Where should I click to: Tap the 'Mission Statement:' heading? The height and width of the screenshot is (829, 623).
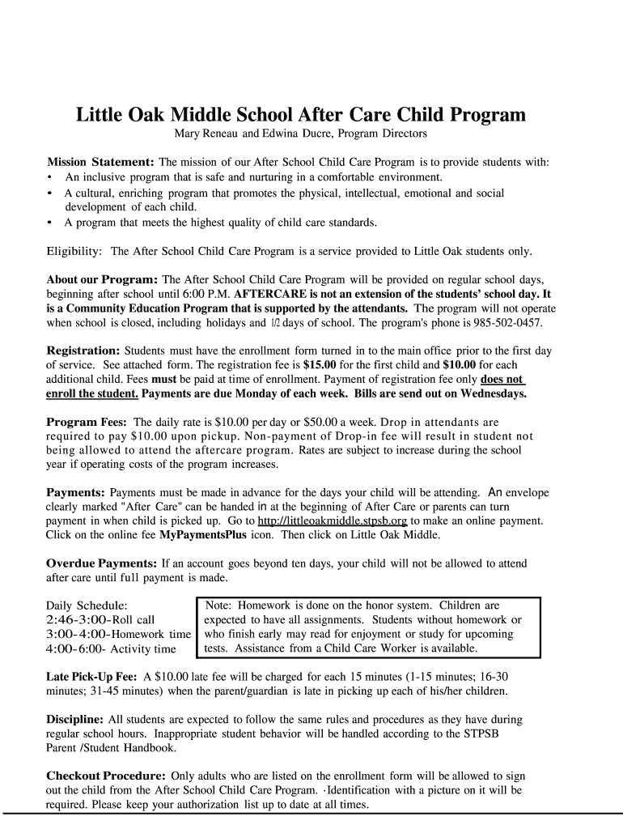(x=100, y=162)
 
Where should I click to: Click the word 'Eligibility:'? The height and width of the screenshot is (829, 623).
(x=74, y=251)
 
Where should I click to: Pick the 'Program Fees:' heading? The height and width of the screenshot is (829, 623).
(x=87, y=422)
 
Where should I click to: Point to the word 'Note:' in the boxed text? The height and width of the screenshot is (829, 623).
(x=222, y=605)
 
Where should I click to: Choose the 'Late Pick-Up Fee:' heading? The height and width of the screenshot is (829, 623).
(x=91, y=676)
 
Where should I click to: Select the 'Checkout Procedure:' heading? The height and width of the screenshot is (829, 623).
(x=106, y=776)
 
